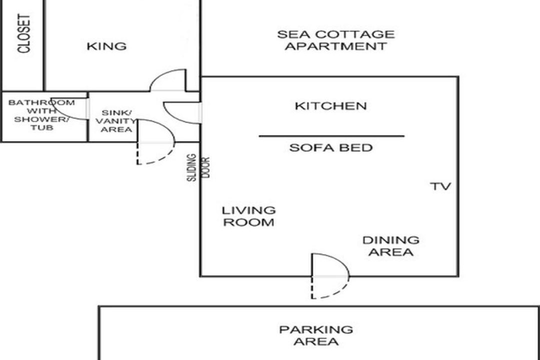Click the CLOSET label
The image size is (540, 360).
pyautogui.click(x=24, y=33)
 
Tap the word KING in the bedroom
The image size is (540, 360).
pyautogui.click(x=106, y=46)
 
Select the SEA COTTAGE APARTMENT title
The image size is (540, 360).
pyautogui.click(x=336, y=40)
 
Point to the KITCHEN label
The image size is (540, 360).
pyautogui.click(x=330, y=106)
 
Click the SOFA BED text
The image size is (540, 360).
pyautogui.click(x=330, y=148)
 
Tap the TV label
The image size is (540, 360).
pyautogui.click(x=440, y=186)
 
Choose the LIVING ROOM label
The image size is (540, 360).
pyautogui.click(x=248, y=216)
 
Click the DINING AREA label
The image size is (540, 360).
pyautogui.click(x=391, y=246)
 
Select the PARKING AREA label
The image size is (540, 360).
pyautogui.click(x=316, y=335)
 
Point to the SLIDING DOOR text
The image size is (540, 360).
pyautogui.click(x=198, y=167)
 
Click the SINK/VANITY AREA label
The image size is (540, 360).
pyautogui.click(x=116, y=121)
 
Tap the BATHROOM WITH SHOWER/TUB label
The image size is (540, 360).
pyautogui.click(x=41, y=115)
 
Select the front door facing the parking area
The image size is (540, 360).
pyautogui.click(x=330, y=276)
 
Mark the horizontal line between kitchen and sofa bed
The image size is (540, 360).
pyautogui.click(x=331, y=136)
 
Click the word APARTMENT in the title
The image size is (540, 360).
pyautogui.click(x=336, y=46)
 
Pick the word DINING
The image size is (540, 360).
pyautogui.click(x=391, y=240)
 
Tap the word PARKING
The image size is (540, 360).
pyautogui.click(x=316, y=329)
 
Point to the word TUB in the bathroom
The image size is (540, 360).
pyautogui.click(x=41, y=128)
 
